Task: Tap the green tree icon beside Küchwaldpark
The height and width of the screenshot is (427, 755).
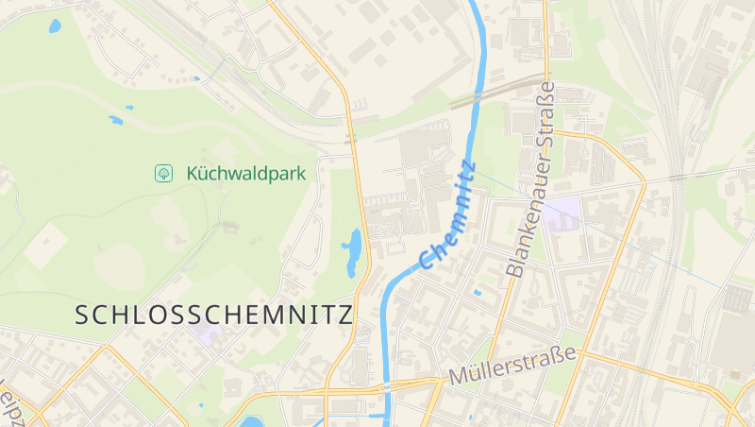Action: pos(163,173)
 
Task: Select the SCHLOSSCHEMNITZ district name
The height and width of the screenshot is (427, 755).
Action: pos(213,315)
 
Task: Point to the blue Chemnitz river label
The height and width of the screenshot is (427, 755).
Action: pos(447,215)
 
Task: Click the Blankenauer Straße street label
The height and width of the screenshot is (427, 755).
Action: pos(531,179)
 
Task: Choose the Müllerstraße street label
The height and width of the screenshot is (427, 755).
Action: pos(512,366)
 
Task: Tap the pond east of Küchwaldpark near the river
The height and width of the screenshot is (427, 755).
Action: pos(353,251)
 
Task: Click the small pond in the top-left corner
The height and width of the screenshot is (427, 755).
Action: pos(54,26)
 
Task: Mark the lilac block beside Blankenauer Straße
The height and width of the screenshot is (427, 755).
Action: pos(562,213)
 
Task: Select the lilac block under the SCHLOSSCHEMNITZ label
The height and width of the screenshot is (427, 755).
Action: pos(206,333)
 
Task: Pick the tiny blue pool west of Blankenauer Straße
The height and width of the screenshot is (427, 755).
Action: pos(477,292)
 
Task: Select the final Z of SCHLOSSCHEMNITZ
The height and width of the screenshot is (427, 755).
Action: pos(344,315)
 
